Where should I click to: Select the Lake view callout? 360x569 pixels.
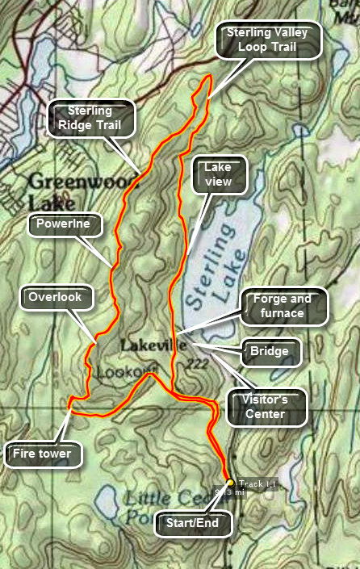coord(218,174)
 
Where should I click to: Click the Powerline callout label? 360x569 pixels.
coord(69,224)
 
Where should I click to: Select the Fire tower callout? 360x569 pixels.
coord(42,454)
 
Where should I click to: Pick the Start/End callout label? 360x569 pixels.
coord(193,522)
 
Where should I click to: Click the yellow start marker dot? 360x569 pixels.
coord(230,483)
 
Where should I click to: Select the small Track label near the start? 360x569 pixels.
coord(257,483)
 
